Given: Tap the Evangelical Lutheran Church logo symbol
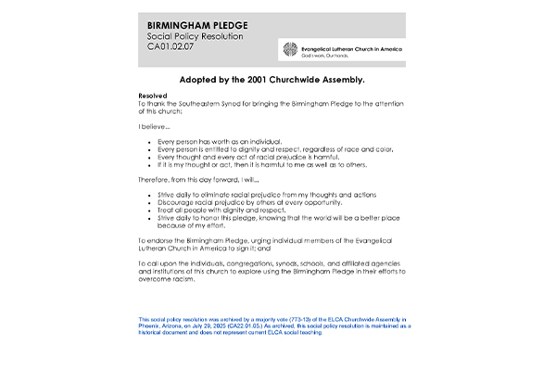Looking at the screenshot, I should (291, 49).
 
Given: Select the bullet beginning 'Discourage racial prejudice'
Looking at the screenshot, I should (250, 201).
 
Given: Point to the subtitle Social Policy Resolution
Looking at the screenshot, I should (196, 36).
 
